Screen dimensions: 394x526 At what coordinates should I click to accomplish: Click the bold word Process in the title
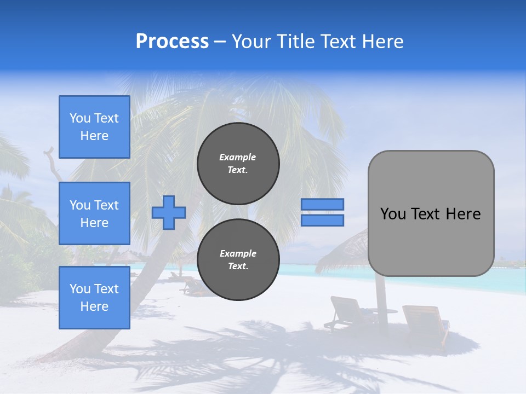[x=172, y=42]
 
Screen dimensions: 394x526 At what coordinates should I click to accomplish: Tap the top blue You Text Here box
[x=94, y=127]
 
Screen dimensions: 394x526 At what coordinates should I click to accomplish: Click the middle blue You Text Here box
[x=94, y=213]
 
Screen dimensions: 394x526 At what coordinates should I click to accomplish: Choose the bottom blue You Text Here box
[x=94, y=298]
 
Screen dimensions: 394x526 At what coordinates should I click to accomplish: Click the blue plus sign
[x=169, y=213]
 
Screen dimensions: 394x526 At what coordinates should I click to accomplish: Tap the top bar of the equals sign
[x=322, y=205]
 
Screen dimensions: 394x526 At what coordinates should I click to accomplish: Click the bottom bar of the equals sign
[x=322, y=221]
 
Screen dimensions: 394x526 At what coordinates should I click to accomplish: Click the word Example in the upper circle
[x=238, y=157]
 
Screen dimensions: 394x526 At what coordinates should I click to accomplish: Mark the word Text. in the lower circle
[x=238, y=266]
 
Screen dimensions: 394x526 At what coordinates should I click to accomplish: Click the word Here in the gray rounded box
[x=464, y=214]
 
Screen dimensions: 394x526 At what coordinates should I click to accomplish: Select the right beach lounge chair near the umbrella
[x=425, y=323]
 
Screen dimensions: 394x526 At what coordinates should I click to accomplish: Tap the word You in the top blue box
[x=80, y=118]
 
